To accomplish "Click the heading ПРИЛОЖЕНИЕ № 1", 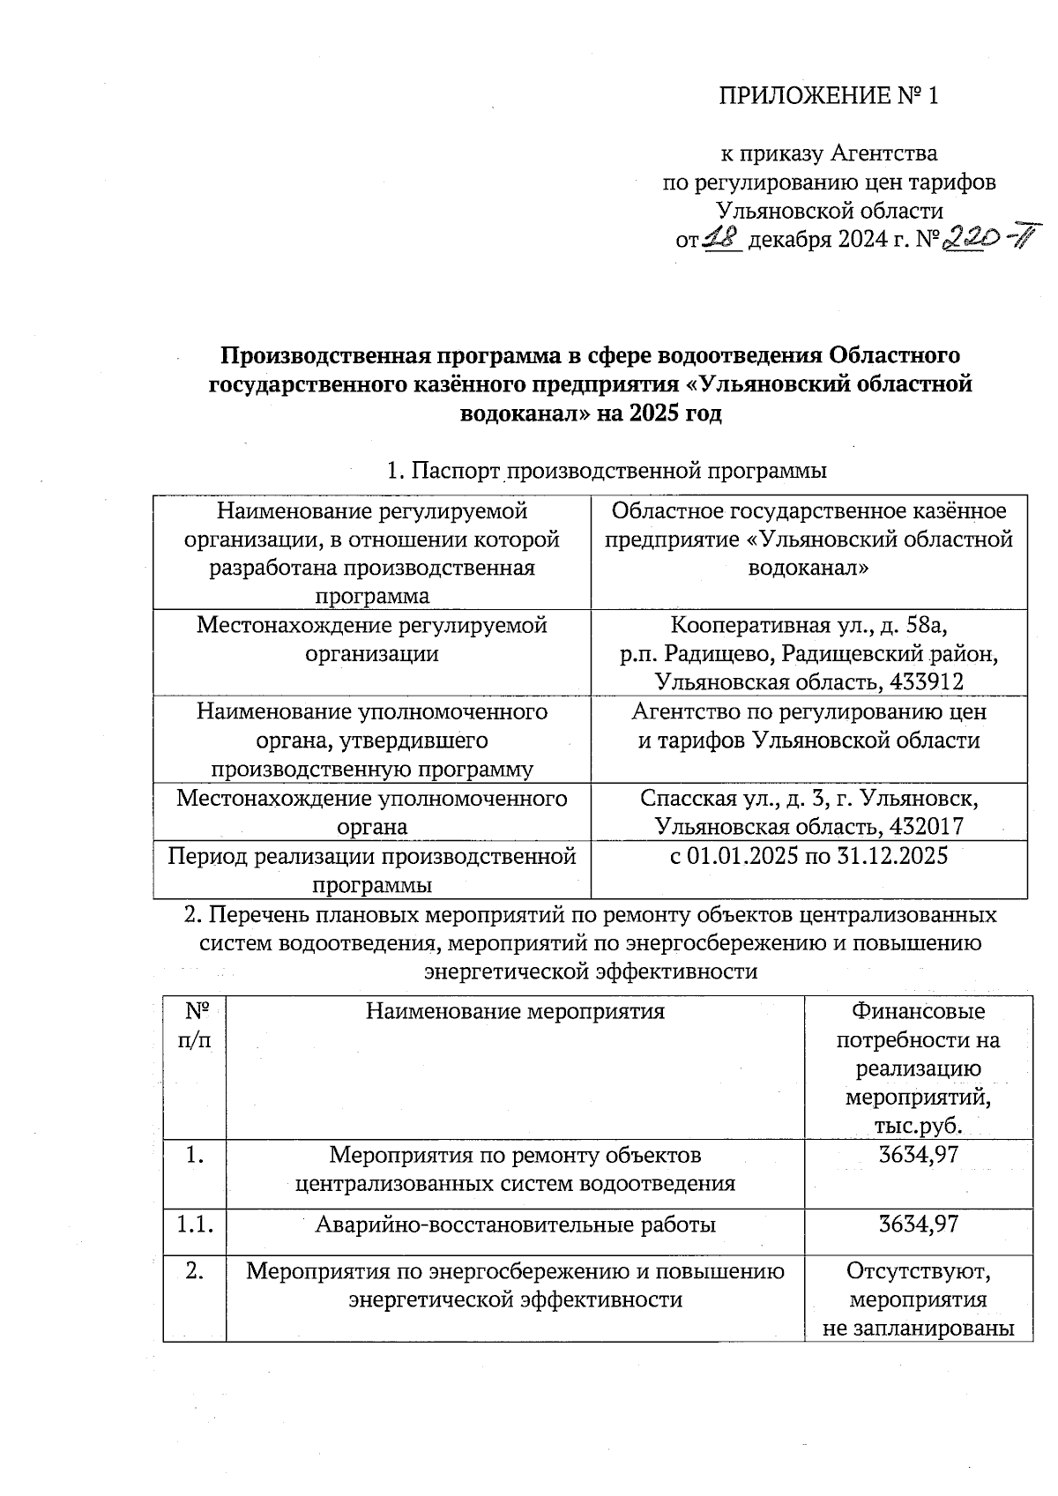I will [829, 95].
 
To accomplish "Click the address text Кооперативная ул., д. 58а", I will [808, 625].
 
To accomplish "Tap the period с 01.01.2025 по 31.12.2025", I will [808, 855].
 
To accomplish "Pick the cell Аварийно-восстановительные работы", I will [515, 1224].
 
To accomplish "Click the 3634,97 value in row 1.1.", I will [918, 1224].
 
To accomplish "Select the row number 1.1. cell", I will [194, 1224].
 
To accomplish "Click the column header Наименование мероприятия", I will [515, 1011].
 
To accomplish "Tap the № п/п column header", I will [194, 1025].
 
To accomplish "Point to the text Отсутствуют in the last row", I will [918, 1271].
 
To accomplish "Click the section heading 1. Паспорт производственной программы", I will [607, 471].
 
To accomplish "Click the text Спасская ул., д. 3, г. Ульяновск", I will [808, 798].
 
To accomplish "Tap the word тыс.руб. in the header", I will [918, 1126].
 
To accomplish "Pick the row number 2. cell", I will [194, 1271].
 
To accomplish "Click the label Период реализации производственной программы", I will [371, 869].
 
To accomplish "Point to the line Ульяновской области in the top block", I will [829, 211].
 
